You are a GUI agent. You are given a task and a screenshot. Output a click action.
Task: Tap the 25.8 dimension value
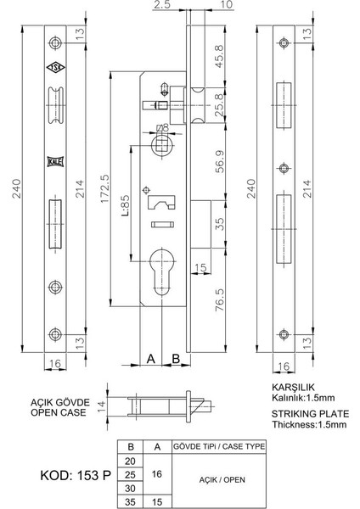pos(219,103)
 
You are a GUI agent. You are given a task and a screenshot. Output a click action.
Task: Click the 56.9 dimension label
pos(219,160)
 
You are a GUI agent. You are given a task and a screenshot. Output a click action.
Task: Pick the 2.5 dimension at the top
pos(161,6)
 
